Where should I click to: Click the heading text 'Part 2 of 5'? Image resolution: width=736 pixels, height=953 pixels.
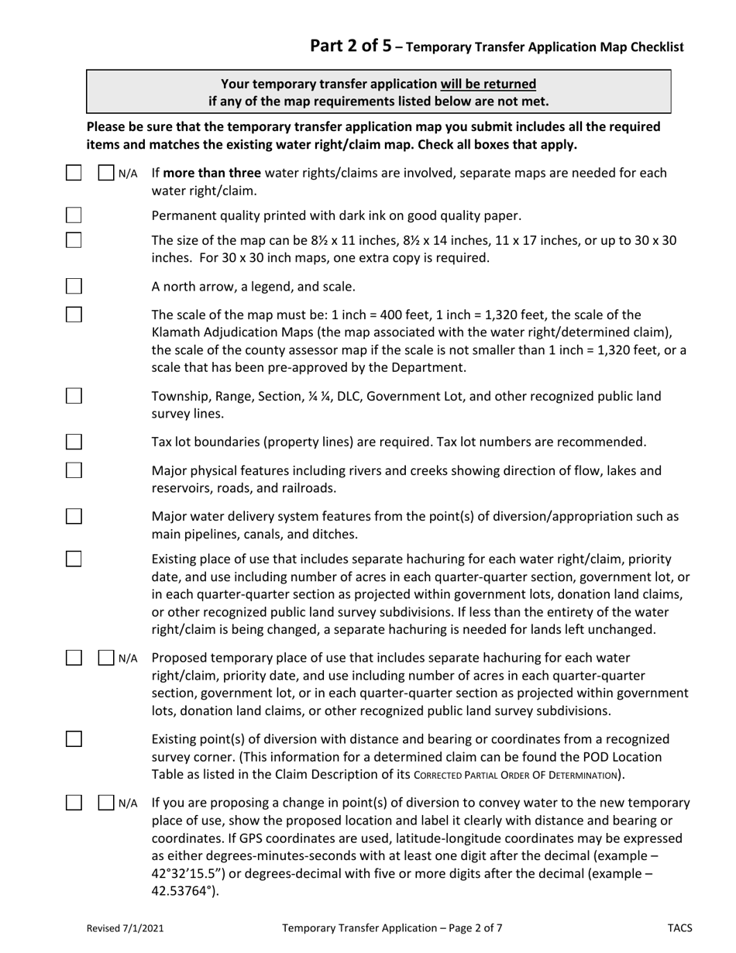coord(350,46)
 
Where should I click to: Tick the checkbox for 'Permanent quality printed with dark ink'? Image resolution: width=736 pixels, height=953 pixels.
coord(74,215)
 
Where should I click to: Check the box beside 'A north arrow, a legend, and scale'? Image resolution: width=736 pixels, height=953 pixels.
coord(74,287)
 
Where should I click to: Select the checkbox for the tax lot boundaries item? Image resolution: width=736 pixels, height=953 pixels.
coord(74,442)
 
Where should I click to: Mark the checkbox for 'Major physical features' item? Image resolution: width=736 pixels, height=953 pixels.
coord(74,470)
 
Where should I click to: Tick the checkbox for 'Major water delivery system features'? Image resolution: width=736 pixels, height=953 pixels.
coord(74,516)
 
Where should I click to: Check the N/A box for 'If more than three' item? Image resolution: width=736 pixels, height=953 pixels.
coord(107,173)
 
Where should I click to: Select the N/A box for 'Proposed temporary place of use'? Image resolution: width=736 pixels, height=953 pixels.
coord(107,659)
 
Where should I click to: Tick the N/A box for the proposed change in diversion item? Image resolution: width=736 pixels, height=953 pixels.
coord(107,803)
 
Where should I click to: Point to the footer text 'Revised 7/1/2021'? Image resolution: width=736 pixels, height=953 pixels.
coord(125,927)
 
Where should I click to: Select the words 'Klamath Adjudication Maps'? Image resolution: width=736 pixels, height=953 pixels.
coord(225,332)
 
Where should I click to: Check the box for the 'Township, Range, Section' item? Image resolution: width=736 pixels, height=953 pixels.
coord(74,396)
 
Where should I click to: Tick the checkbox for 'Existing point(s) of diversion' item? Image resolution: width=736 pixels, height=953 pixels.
coord(74,738)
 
